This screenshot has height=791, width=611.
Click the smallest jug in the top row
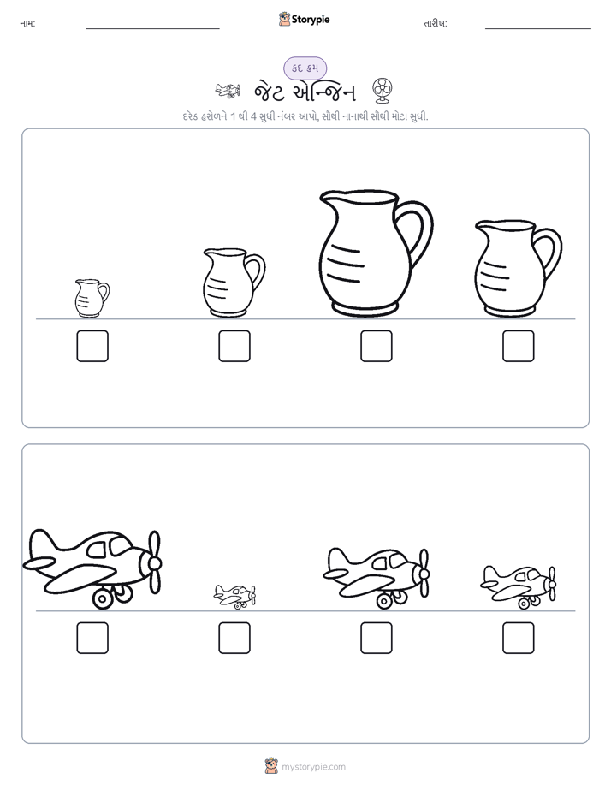(x=92, y=298)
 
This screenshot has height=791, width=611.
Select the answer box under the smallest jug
(x=92, y=346)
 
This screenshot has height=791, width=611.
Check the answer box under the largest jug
(x=376, y=346)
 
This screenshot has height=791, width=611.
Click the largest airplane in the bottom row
(x=92, y=568)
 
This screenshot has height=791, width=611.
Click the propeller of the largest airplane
(x=154, y=562)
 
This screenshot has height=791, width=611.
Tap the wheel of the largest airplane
(x=103, y=598)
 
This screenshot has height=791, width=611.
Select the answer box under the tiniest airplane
(x=234, y=638)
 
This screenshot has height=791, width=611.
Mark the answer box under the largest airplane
(x=92, y=638)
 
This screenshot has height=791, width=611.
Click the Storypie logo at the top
(x=304, y=19)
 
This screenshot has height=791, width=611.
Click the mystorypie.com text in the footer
(x=313, y=767)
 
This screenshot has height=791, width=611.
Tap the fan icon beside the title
(x=383, y=91)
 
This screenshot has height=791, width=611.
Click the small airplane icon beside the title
(x=228, y=91)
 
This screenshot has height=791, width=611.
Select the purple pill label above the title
(x=305, y=68)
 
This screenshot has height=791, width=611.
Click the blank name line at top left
(x=152, y=29)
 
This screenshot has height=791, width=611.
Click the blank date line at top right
(x=538, y=29)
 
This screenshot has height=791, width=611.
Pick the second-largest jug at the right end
(x=518, y=269)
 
